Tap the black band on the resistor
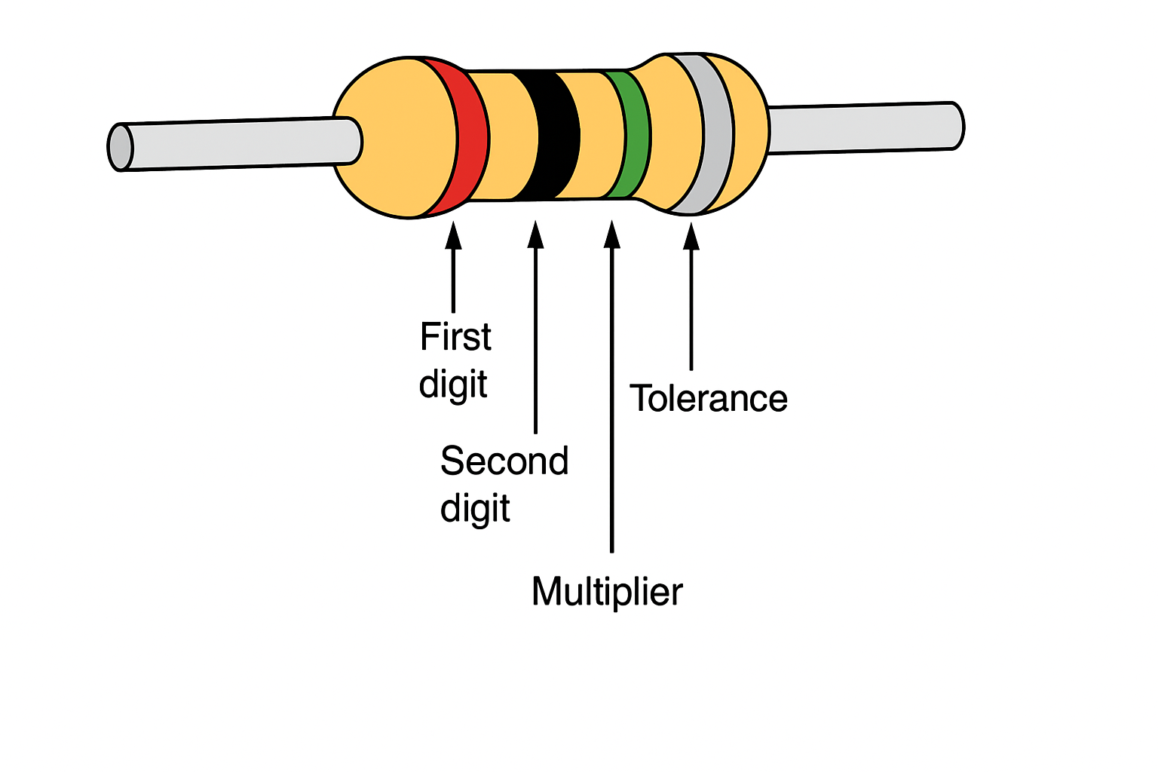pyautogui.click(x=554, y=136)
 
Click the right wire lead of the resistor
pyautogui.click(x=866, y=127)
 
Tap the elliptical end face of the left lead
pyautogui.click(x=120, y=147)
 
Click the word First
pyautogui.click(x=455, y=336)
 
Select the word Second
pyautogui.click(x=504, y=461)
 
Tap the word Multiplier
pyautogui.click(x=608, y=592)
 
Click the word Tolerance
pyautogui.click(x=708, y=399)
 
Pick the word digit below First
pyautogui.click(x=453, y=384)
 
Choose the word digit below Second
pyautogui.click(x=475, y=508)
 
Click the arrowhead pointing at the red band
pyautogui.click(x=453, y=236)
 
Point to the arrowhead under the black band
pyautogui.click(x=535, y=234)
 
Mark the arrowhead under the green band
pyautogui.click(x=612, y=234)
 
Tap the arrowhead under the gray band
pyautogui.click(x=691, y=237)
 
